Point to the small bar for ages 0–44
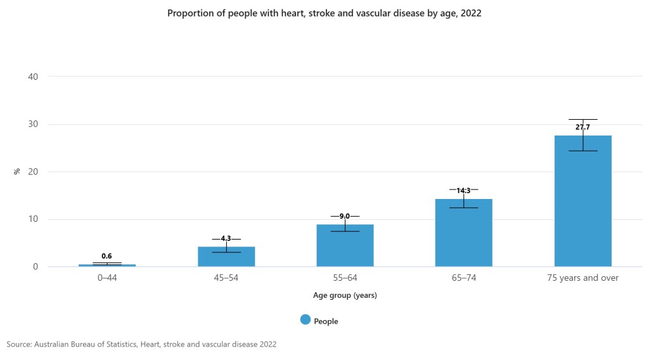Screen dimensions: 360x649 pyautogui.click(x=107, y=265)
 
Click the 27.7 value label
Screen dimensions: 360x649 pyautogui.click(x=583, y=127)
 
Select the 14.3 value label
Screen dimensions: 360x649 pyautogui.click(x=463, y=190)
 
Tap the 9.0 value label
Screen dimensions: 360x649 pyautogui.click(x=345, y=216)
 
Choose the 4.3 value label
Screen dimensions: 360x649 pyautogui.click(x=226, y=238)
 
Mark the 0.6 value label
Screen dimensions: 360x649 pyautogui.click(x=106, y=256)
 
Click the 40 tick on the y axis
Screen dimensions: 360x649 pyautogui.click(x=33, y=77)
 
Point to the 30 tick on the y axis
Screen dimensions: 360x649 pyautogui.click(x=33, y=124)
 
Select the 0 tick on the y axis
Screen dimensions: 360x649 pyautogui.click(x=35, y=267)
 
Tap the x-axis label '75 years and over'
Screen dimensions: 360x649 pyautogui.click(x=582, y=278)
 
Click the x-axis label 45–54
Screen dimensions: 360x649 pyautogui.click(x=226, y=278)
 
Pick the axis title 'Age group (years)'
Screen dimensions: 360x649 pyautogui.click(x=345, y=295)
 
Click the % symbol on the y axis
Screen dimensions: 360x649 pyautogui.click(x=18, y=171)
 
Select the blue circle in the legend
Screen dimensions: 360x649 pyautogui.click(x=305, y=321)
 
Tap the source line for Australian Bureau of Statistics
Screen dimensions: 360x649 pyautogui.click(x=141, y=344)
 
